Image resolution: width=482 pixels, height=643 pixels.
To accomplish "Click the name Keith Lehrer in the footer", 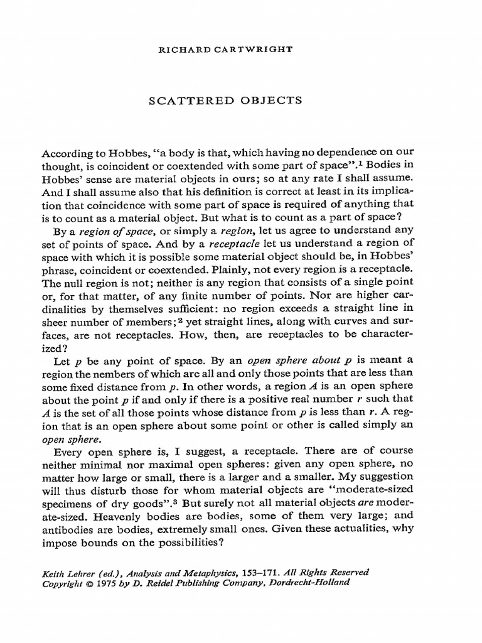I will (x=67, y=573).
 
